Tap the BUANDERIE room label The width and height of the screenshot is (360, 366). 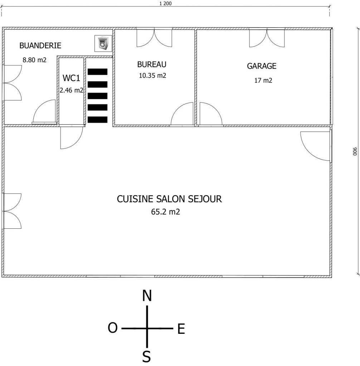coord(40,46)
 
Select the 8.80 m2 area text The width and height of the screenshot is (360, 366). coord(34,60)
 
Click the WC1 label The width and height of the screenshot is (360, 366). coord(71,78)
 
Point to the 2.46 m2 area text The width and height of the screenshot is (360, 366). coord(71,90)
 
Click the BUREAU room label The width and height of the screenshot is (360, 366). coord(152,64)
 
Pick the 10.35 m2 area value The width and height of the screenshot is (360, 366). coord(152,75)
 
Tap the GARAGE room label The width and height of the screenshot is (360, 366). coord(262,66)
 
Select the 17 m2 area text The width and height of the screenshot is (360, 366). coord(263,80)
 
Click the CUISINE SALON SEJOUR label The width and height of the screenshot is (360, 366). coord(169,199)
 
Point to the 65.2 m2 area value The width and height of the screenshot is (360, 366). coord(165,212)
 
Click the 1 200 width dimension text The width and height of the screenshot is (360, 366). coord(165,4)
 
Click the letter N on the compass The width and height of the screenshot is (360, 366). coord(147,296)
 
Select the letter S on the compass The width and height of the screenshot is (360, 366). coord(146,356)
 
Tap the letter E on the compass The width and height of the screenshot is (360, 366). coord(181,329)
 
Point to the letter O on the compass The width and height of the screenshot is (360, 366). coord(113,328)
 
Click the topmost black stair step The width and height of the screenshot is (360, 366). coord(97,71)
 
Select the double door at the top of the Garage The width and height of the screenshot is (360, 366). coord(267,38)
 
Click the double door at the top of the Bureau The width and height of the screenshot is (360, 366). coord(154,38)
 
